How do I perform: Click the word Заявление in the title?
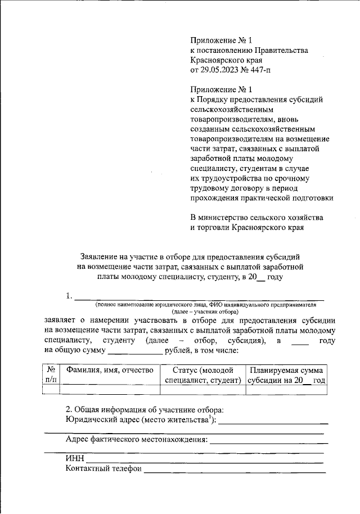click(102, 256)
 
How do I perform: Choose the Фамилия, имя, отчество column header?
click(109, 370)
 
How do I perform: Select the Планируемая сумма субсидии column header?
click(287, 375)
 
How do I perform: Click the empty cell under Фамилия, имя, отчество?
click(109, 389)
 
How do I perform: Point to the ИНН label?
click(75, 458)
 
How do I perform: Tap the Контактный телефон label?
click(103, 468)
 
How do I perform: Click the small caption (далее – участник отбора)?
click(205, 311)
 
